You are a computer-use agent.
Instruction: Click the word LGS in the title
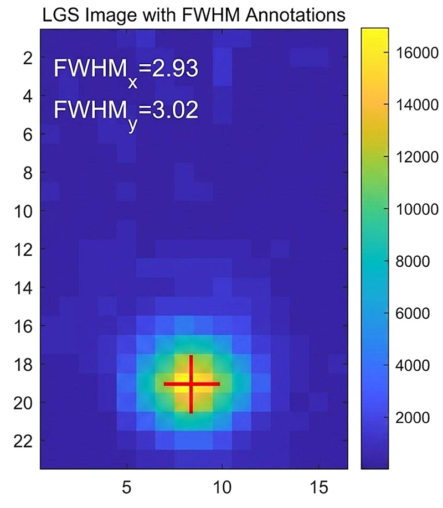[x=61, y=15]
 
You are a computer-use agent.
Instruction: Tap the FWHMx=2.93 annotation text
[x=126, y=72]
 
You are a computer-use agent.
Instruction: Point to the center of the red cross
[x=192, y=384]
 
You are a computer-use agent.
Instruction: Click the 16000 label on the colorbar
[x=417, y=53]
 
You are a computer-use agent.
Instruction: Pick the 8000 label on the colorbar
[x=413, y=261]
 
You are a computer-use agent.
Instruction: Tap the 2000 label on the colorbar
[x=413, y=418]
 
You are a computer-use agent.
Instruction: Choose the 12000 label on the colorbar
[x=417, y=157]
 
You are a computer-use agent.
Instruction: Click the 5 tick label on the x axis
[x=127, y=488]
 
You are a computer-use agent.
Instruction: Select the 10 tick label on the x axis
[x=222, y=488]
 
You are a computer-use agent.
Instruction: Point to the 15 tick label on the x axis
[x=319, y=488]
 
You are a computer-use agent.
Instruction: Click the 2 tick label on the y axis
[x=28, y=58]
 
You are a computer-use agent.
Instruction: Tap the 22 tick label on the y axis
[x=23, y=440]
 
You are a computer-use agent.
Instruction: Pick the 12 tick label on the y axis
[x=23, y=249]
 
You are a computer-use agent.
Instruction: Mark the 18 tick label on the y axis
[x=23, y=364]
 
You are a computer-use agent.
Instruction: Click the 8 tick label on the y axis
[x=28, y=173]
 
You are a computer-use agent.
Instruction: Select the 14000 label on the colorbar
[x=417, y=105]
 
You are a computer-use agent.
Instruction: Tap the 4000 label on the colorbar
[x=413, y=365]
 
